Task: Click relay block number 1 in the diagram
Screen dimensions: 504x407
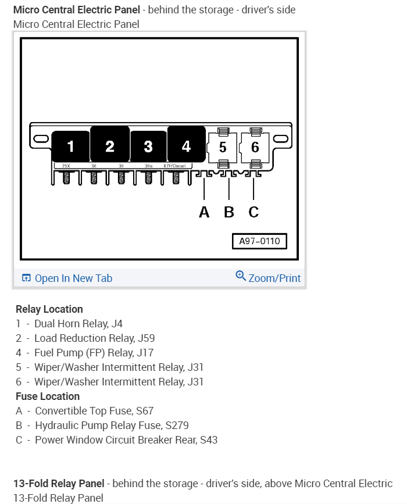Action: click(70, 146)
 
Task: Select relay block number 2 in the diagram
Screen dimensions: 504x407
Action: click(110, 146)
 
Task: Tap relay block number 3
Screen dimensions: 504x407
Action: click(148, 146)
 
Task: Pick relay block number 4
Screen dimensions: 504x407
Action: click(186, 146)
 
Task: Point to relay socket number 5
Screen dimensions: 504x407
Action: click(223, 148)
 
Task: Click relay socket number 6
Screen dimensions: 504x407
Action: click(255, 148)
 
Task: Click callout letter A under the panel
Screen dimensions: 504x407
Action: click(204, 212)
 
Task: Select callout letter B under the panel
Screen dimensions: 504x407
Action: click(229, 212)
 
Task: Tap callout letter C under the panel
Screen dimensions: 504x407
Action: click(254, 212)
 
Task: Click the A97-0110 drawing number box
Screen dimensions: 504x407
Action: click(259, 241)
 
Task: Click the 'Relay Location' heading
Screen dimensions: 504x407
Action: click(49, 309)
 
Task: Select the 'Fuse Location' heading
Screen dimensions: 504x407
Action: click(48, 396)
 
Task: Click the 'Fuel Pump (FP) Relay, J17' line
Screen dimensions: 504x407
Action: click(94, 353)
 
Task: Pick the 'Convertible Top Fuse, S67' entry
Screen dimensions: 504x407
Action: click(94, 411)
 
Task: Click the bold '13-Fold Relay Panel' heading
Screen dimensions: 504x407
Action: click(59, 484)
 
